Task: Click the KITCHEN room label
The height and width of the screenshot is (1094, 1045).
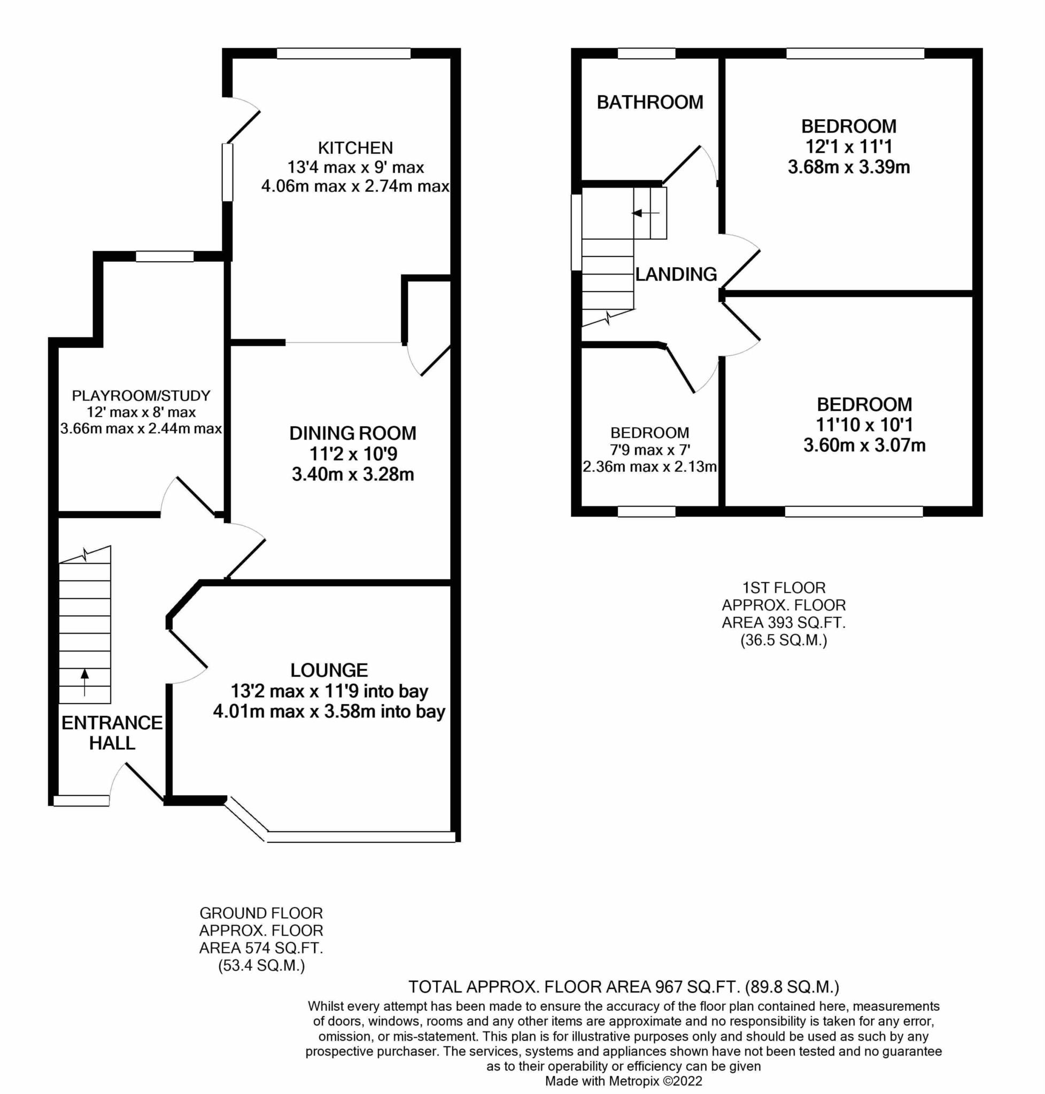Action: [x=355, y=147]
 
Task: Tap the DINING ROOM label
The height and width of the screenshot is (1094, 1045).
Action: [x=353, y=433]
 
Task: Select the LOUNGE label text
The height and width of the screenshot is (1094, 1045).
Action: [x=329, y=670]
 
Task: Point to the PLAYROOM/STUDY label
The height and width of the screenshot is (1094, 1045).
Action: [x=141, y=396]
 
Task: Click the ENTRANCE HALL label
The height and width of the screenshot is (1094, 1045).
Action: [x=112, y=733]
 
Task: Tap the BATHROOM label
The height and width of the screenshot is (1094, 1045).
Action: [x=649, y=102]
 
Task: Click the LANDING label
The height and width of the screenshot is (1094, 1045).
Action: [x=676, y=274]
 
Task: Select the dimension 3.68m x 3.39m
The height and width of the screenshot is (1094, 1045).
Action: [x=848, y=167]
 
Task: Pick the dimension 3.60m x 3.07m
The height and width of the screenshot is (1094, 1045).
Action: [x=864, y=446]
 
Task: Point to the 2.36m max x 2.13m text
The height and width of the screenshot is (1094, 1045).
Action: [x=649, y=466]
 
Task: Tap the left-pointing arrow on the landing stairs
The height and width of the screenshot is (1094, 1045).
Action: [x=645, y=213]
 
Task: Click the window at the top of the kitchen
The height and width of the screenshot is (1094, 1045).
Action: [x=344, y=53]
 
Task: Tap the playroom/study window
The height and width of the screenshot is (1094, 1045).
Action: [x=165, y=256]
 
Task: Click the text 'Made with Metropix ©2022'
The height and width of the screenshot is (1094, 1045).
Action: [x=623, y=1081]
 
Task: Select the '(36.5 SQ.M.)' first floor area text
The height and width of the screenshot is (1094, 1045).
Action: [x=783, y=640]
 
